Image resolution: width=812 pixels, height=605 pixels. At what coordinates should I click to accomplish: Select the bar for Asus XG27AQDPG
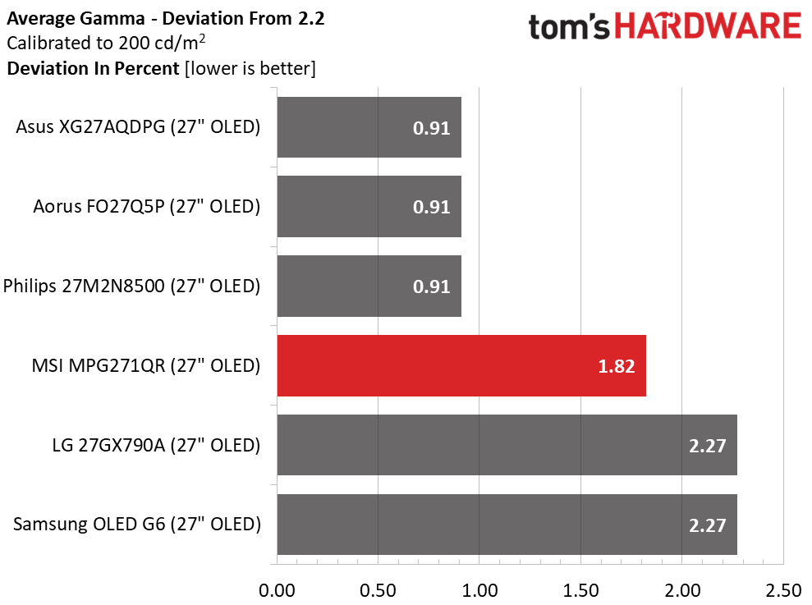coord(369,127)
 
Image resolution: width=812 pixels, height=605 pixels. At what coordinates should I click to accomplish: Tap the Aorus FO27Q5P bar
coord(369,207)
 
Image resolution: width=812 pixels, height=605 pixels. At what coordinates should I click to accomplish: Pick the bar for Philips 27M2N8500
coord(369,286)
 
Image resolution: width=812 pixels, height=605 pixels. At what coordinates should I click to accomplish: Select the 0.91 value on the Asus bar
coord(431,128)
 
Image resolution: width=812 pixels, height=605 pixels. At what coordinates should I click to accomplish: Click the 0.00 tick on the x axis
coord(277,589)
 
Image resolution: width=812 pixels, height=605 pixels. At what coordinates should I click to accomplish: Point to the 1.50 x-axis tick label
coord(580,589)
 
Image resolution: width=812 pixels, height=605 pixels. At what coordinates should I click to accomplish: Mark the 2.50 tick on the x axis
coord(782,589)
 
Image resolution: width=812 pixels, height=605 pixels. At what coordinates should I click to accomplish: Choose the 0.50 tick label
coord(378,589)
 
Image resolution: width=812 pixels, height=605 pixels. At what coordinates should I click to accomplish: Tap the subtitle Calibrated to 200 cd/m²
coord(105,43)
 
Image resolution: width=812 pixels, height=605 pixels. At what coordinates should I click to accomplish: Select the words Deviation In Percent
coord(93,68)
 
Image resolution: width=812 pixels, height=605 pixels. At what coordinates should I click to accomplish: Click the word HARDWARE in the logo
coord(709,27)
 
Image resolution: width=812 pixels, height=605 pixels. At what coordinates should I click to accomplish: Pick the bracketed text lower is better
coord(250,68)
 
